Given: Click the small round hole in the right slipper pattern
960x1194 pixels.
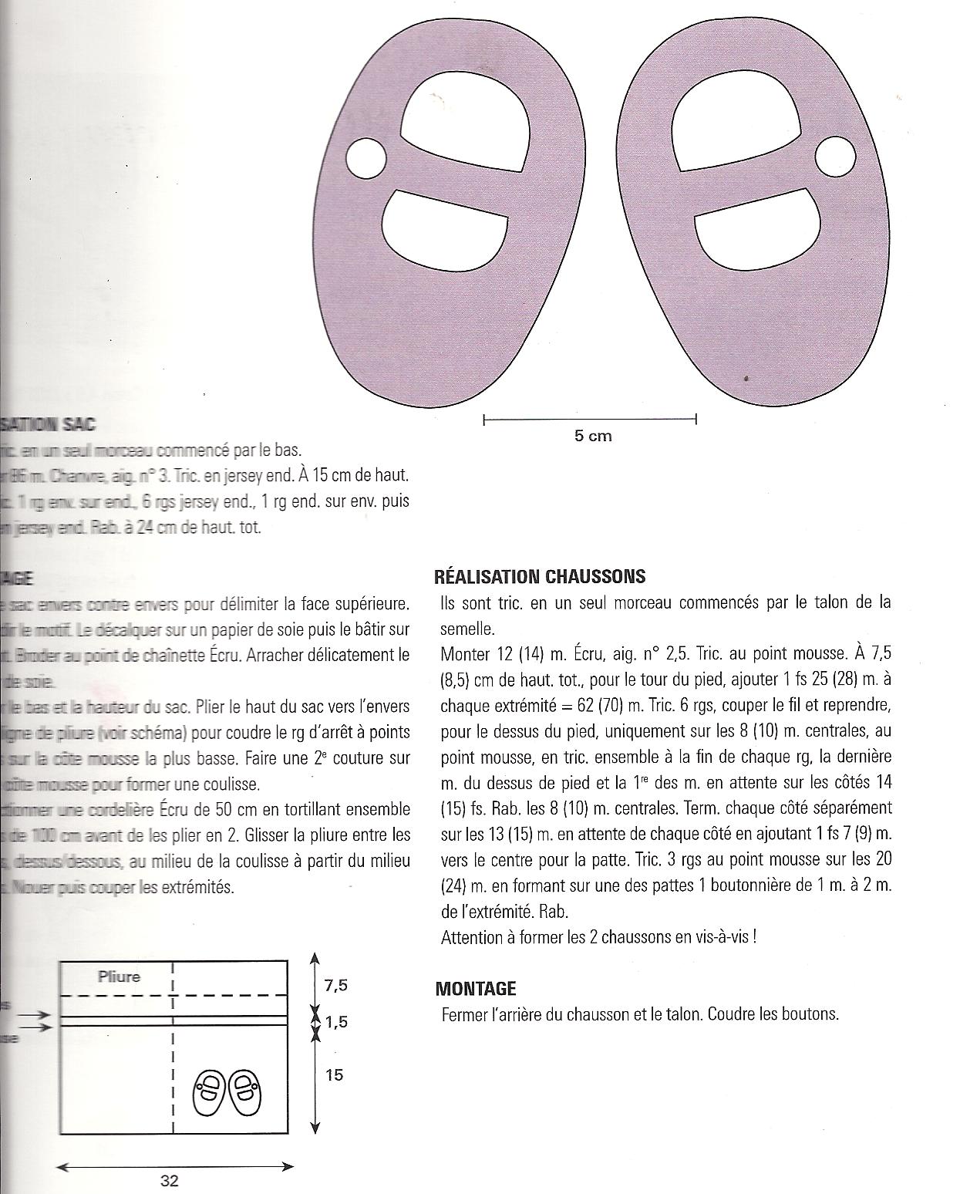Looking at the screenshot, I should [x=835, y=157].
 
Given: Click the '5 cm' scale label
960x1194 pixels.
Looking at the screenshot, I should [x=593, y=436].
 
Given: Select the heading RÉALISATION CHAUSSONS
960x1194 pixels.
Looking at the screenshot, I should [x=540, y=576].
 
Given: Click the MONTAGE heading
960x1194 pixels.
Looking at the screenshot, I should [x=476, y=988].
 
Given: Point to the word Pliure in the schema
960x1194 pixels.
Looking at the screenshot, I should [x=120, y=976].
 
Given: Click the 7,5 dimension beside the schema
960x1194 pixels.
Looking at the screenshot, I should [x=335, y=985].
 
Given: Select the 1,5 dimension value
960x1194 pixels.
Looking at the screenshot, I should [x=335, y=1022].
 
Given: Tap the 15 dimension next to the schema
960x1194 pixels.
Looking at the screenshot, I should [x=334, y=1074].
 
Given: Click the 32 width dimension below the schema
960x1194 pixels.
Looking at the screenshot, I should [x=170, y=1180].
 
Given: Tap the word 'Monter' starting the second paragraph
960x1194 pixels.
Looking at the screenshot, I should [x=465, y=654].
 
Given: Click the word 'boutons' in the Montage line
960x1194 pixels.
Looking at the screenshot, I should [x=814, y=1014].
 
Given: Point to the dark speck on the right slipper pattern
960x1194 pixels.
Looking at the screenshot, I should [x=746, y=378].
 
